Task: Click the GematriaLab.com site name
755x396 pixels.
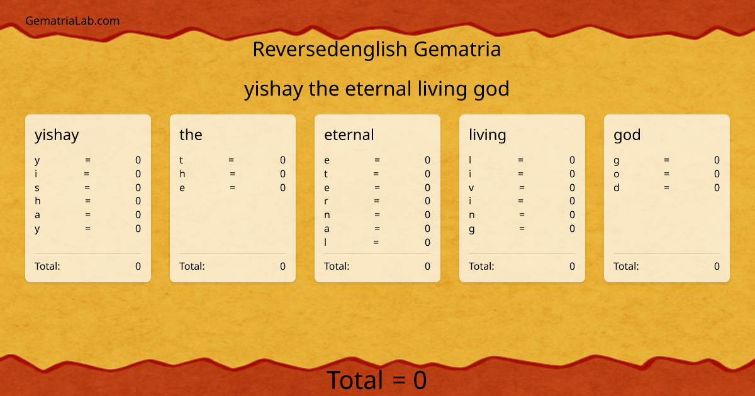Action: pos(72,21)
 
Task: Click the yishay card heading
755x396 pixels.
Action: pos(57,135)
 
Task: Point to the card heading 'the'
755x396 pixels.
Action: pos(191,135)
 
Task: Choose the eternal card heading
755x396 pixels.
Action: pos(349,135)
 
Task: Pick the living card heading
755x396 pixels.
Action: pos(488,135)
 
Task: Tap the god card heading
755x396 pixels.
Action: pos(627,135)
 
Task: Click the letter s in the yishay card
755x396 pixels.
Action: pos(37,187)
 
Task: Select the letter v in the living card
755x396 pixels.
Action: pos(471,187)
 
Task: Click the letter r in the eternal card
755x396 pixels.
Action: pos(327,201)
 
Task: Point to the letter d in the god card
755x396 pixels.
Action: pos(617,187)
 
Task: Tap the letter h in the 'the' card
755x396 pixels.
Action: pos(182,173)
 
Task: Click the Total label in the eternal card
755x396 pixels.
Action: pos(337,266)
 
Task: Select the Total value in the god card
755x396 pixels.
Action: pos(717,266)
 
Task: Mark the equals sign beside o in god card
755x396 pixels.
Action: pos(666,173)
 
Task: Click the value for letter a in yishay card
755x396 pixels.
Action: pos(138,215)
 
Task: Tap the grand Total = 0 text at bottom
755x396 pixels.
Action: pos(377,380)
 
